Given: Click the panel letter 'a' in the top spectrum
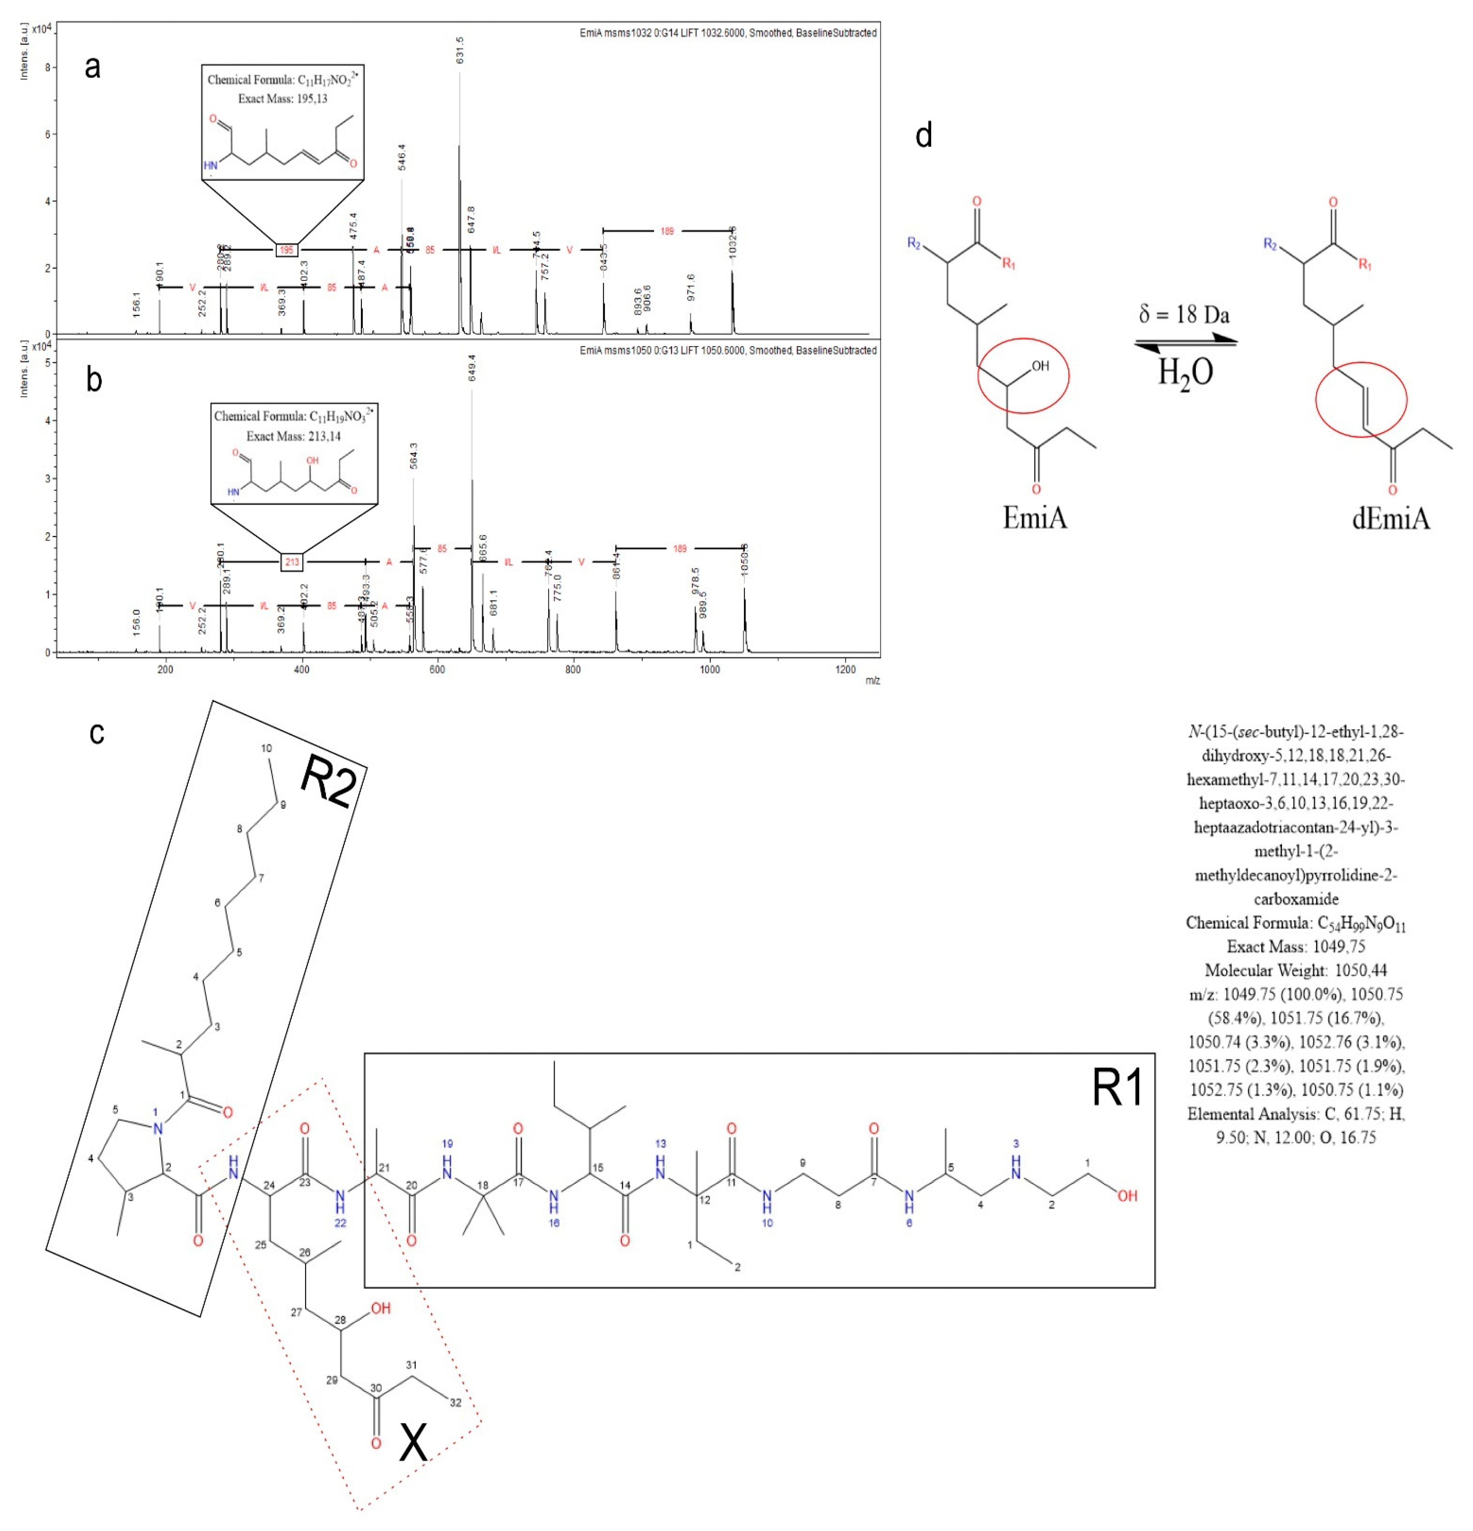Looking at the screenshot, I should pos(92,68).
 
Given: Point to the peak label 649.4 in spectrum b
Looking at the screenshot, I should pos(472,368).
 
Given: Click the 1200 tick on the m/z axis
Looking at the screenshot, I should pos(845,669).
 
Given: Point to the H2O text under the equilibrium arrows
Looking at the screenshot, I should pos(1185,372).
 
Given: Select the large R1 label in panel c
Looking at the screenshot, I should pos(1117,1087).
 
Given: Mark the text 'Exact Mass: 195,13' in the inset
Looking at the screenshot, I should pos(283,99).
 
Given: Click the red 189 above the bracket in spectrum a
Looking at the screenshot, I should pos(667,231).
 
